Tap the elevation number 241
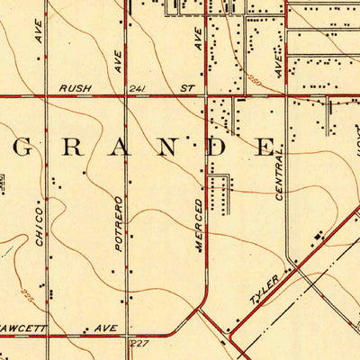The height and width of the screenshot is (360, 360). pyautogui.click(x=137, y=88)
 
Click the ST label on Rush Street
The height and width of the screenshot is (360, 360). pyautogui.click(x=187, y=88)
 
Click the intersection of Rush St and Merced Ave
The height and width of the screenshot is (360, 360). pyautogui.click(x=208, y=95)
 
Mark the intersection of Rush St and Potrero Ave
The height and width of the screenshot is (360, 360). pyautogui.click(x=126, y=95)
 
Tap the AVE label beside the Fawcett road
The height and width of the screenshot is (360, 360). pyautogui.click(x=104, y=328)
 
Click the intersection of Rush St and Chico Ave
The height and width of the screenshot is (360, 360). pyautogui.click(x=47, y=95)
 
